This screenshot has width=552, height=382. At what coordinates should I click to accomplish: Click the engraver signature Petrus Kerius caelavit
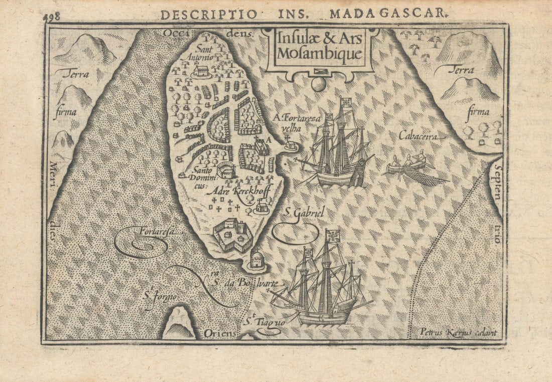[x=458, y=331]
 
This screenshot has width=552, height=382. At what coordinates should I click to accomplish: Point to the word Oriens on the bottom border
[x=219, y=333]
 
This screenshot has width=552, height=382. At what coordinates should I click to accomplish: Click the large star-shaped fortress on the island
[x=233, y=235]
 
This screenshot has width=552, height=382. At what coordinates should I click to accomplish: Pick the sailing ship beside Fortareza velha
[x=337, y=148]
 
